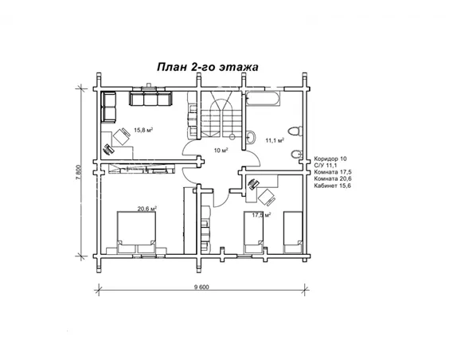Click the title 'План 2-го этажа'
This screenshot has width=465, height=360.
[207, 68]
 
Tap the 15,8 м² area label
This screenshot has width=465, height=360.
[143, 130]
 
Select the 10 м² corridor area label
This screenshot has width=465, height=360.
[221, 151]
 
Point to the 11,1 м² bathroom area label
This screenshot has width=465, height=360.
[275, 140]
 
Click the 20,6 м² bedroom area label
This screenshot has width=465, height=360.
[147, 209]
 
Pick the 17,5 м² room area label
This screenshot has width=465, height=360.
[261, 215]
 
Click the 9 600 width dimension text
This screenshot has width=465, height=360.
[201, 287]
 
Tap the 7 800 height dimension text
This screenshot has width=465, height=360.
[79, 172]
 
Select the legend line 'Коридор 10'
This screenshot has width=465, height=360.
[330, 159]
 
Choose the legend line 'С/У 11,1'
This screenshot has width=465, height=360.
[326, 166]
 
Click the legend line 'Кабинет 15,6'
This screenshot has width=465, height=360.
[333, 186]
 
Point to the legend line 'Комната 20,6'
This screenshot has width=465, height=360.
[333, 179]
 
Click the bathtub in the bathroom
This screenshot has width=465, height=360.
[263, 99]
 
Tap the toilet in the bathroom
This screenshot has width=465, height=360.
[295, 131]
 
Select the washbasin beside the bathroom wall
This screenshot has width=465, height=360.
[250, 137]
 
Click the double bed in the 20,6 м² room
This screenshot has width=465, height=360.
[136, 233]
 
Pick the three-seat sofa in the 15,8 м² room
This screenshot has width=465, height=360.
[150, 99]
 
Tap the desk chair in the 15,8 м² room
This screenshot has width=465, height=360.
[121, 136]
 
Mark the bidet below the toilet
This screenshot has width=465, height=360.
[296, 155]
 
